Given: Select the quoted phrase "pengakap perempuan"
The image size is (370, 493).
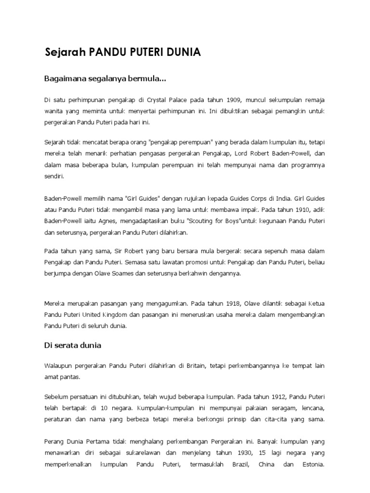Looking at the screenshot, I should coord(181,143).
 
